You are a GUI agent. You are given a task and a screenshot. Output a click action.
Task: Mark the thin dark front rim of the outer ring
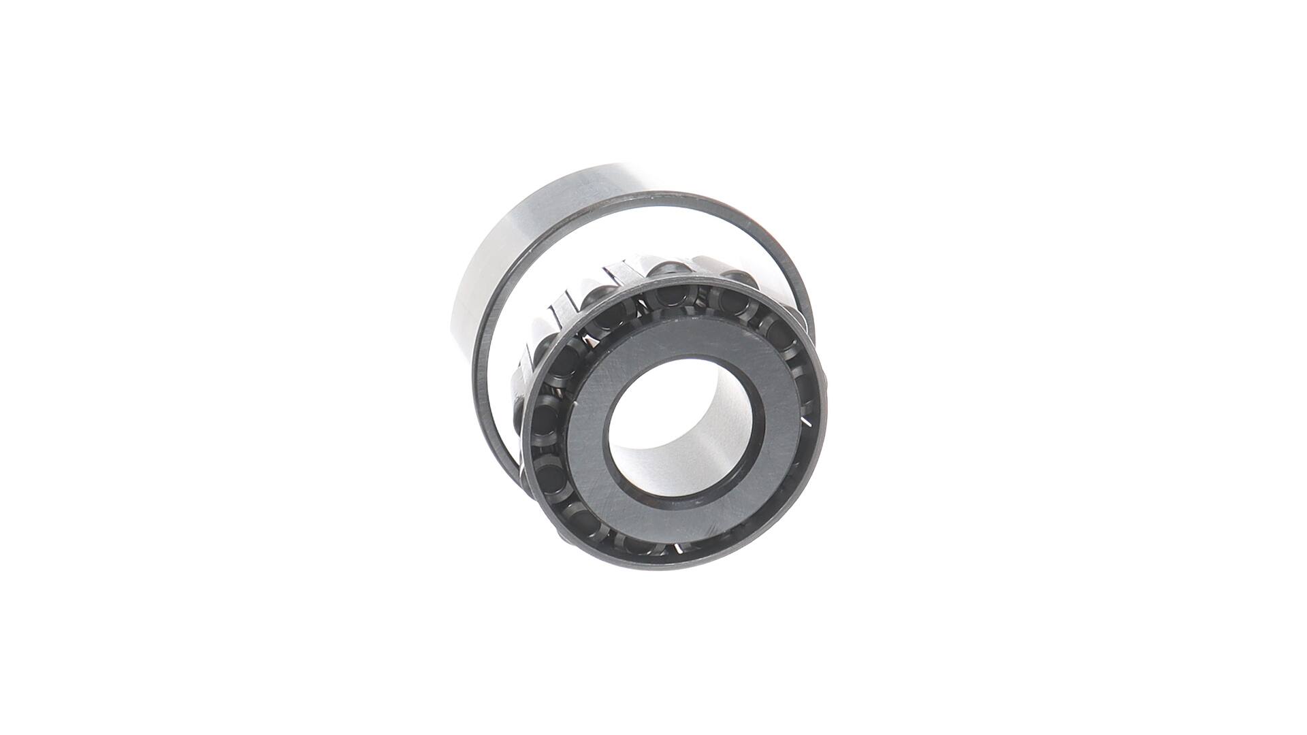tap(490, 327)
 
